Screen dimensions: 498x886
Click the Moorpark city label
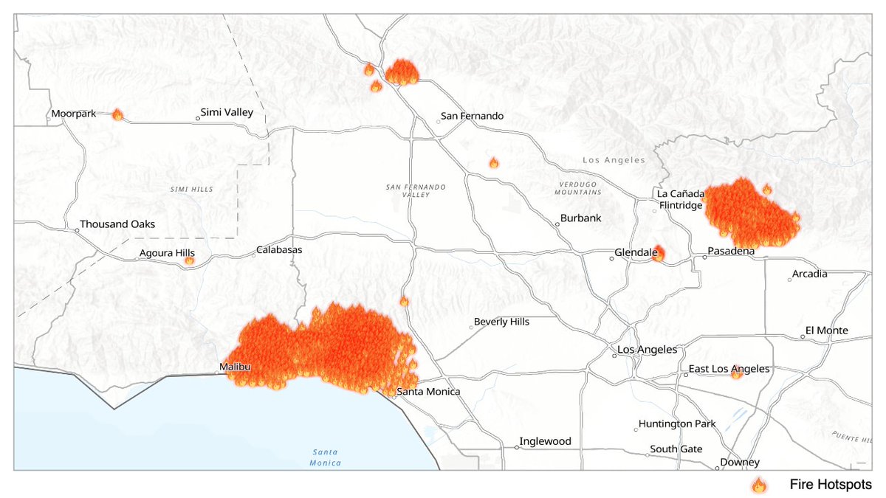pyautogui.click(x=74, y=114)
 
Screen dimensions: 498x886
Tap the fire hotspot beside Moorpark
pyautogui.click(x=117, y=114)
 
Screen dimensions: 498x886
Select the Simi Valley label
pyautogui.click(x=227, y=113)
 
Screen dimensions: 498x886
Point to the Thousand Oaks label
pyautogui.click(x=117, y=224)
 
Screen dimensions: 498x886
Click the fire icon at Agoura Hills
pyautogui.click(x=189, y=260)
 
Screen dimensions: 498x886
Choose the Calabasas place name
pyautogui.click(x=279, y=250)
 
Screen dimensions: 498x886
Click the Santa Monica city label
pyautogui.click(x=428, y=392)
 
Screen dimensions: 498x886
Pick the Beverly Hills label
pyautogui.click(x=501, y=322)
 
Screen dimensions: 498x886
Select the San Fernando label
pyautogui.click(x=472, y=116)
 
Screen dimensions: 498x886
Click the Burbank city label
pyautogui.click(x=581, y=218)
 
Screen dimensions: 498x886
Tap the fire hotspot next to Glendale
pyautogui.click(x=658, y=254)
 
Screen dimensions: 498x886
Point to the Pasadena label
pyautogui.click(x=731, y=252)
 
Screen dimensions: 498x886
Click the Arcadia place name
pyautogui.click(x=809, y=274)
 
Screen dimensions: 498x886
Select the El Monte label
pyautogui.click(x=827, y=331)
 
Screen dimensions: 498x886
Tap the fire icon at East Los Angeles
pyautogui.click(x=736, y=373)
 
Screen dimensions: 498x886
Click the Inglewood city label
pyautogui.click(x=545, y=441)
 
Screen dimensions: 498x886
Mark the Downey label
pyautogui.click(x=741, y=463)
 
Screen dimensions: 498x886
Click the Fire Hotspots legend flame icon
pyautogui.click(x=758, y=485)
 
